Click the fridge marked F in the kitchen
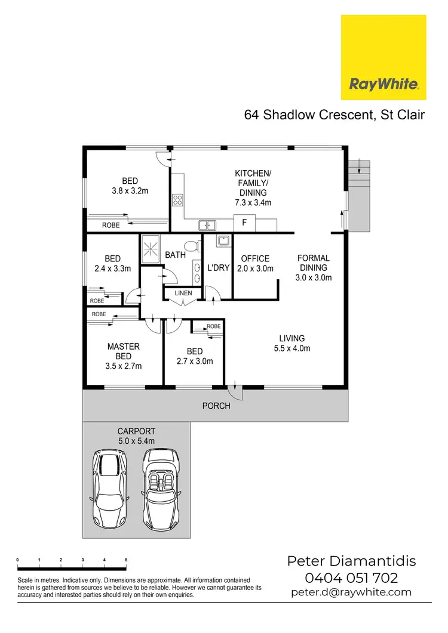244,223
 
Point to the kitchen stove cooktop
177,200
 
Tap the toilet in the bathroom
192,246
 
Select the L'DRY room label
218,268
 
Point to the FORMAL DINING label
314,268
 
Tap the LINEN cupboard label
183,294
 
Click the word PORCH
216,406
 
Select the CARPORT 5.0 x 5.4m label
137,436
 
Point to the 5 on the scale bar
126,559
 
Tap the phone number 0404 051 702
351,578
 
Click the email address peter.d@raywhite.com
351,592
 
